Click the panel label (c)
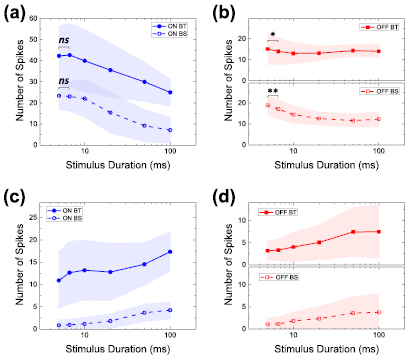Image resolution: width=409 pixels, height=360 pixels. (13, 192)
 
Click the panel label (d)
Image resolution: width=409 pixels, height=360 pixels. (225, 192)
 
